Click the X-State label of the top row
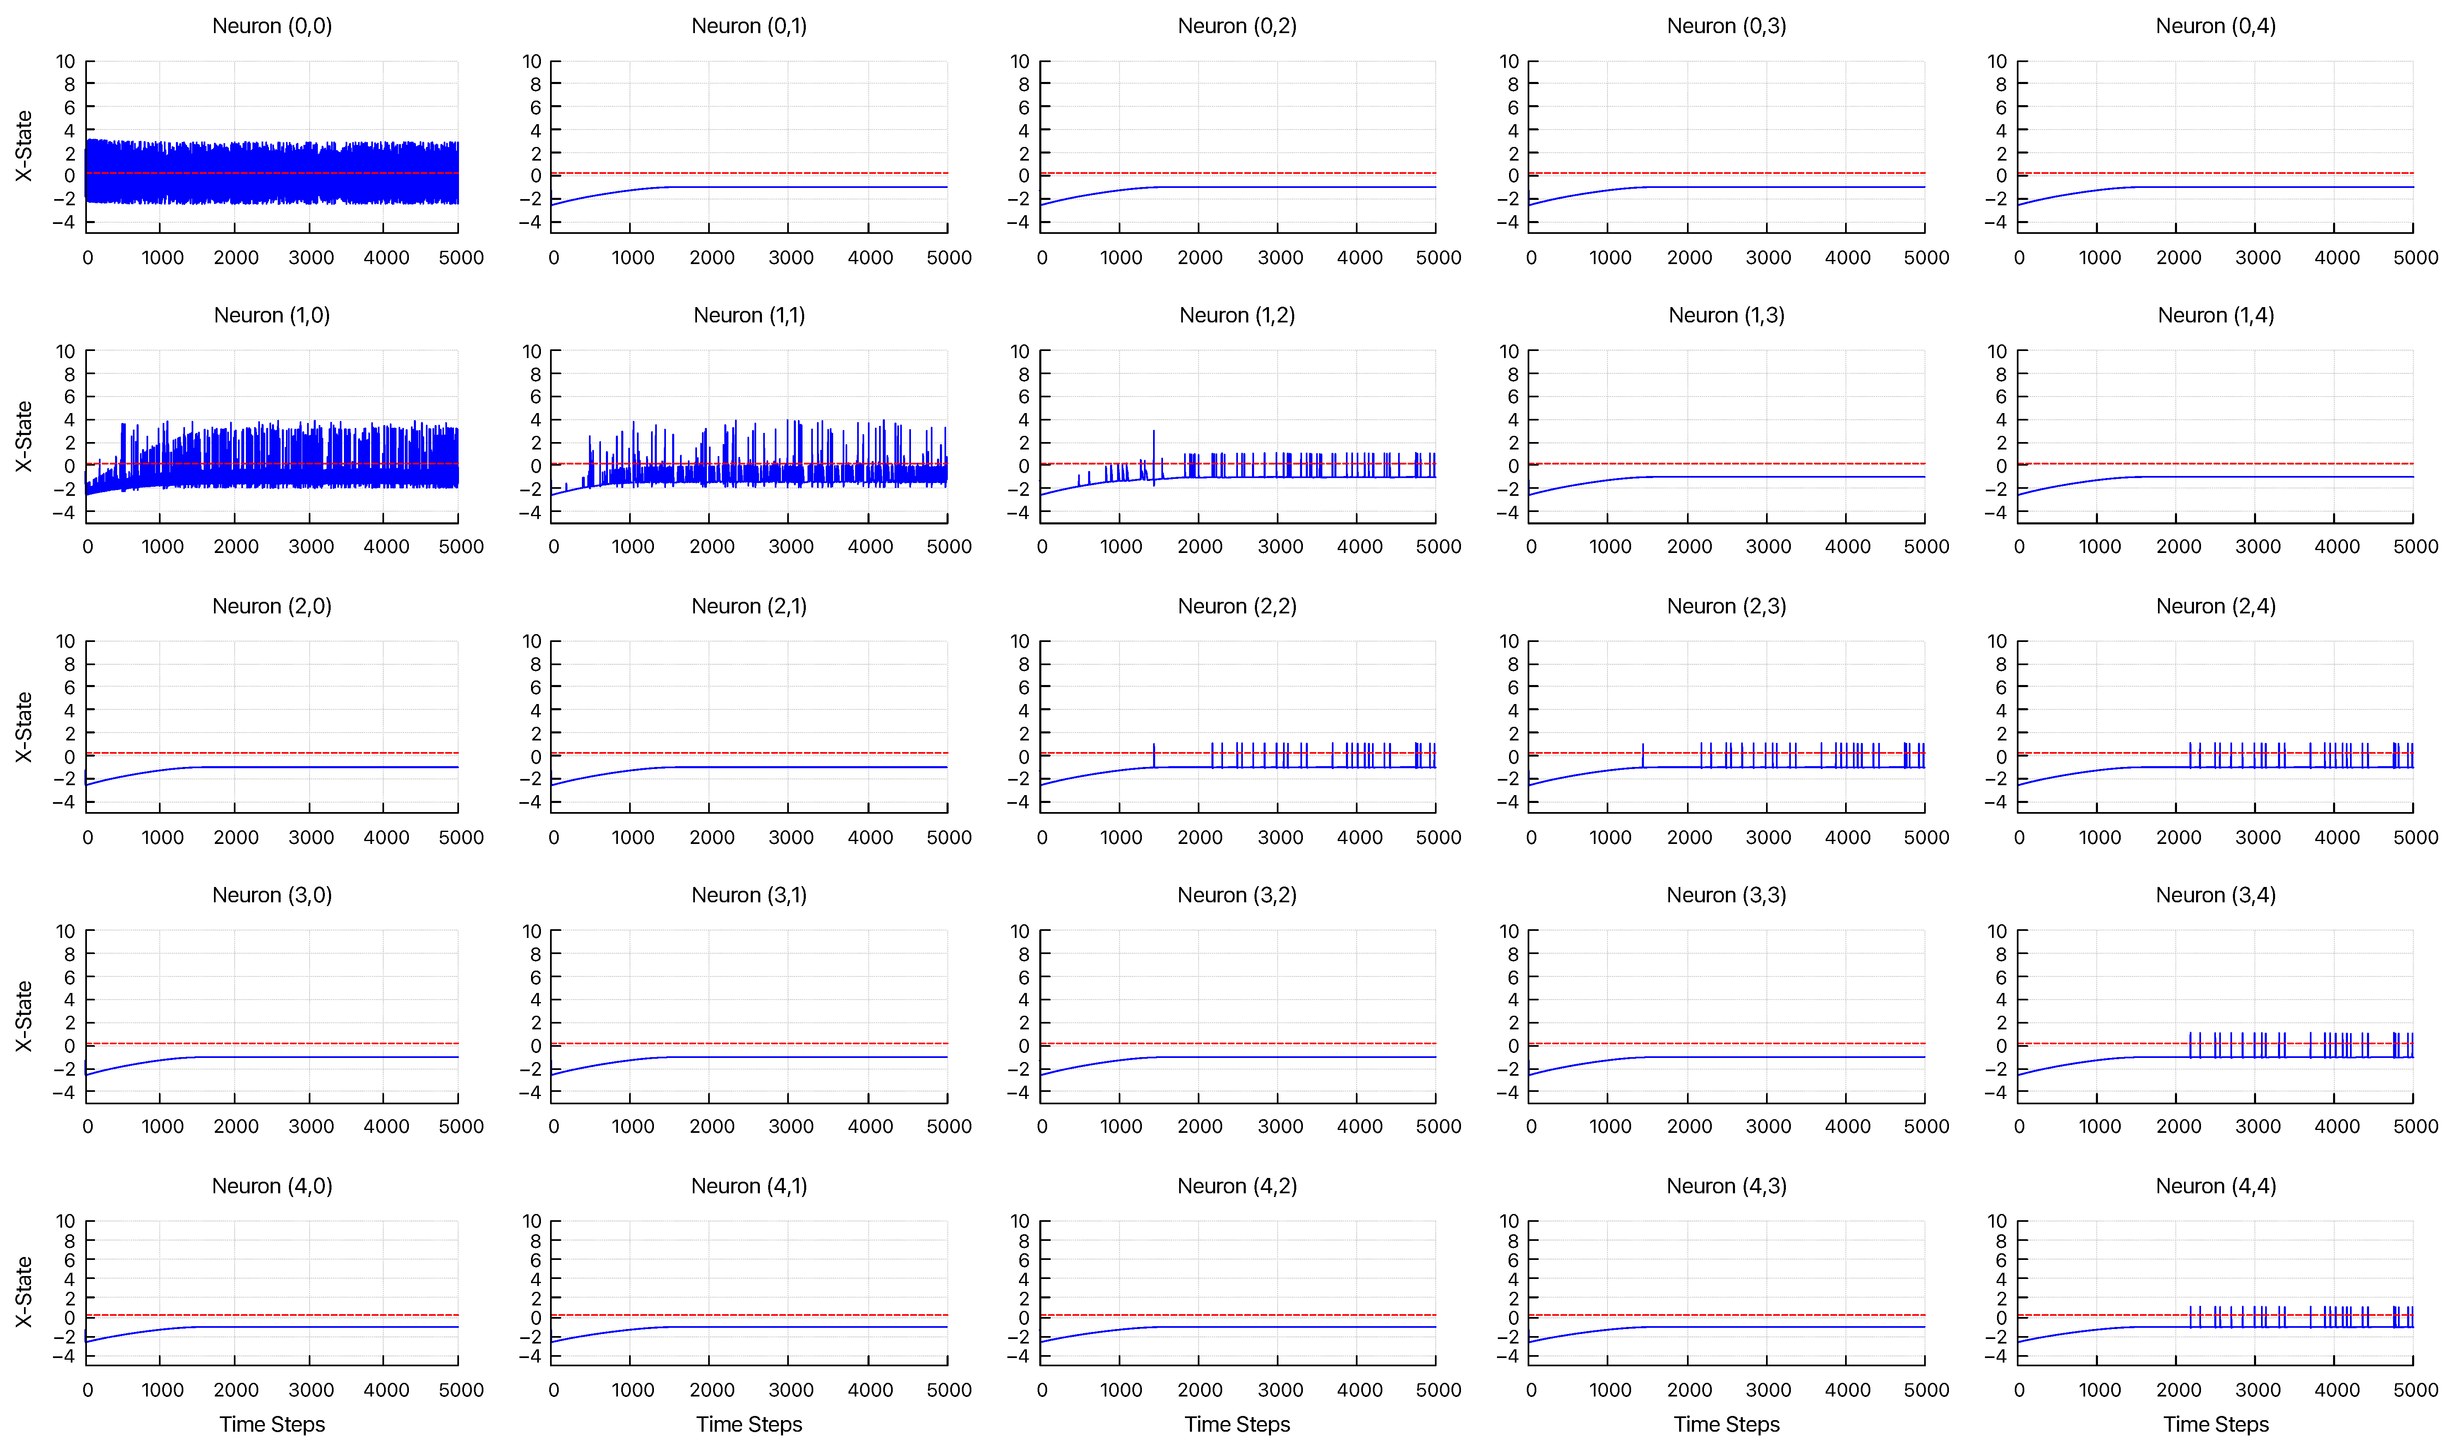(24, 146)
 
